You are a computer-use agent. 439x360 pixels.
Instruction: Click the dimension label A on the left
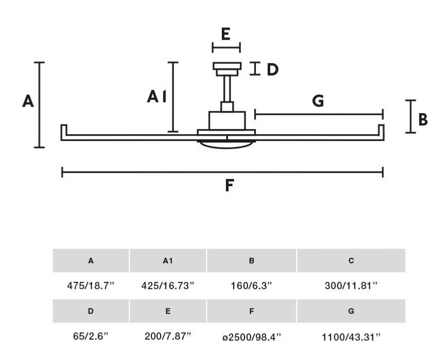coord(28,101)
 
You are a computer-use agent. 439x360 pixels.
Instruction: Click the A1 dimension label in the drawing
coord(156,96)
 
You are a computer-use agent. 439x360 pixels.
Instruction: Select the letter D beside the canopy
coord(272,69)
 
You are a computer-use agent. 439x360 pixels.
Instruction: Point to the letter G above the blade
coord(319,101)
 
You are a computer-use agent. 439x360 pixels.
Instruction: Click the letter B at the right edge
coord(423,120)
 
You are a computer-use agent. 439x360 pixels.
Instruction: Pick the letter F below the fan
coord(230,185)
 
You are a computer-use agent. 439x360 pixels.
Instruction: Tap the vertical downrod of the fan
coord(226,88)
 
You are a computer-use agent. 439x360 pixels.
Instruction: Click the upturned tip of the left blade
coord(64,131)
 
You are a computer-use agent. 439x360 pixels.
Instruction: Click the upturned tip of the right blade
coord(381,131)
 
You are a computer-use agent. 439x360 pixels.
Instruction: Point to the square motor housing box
coord(226,120)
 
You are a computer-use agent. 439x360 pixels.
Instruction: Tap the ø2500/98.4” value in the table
coord(251,337)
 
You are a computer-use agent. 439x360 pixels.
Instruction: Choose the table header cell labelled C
coord(351,261)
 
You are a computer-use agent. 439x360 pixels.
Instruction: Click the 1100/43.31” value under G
coord(351,337)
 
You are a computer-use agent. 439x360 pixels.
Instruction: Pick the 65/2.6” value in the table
coord(91,336)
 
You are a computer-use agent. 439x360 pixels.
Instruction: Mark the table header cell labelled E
coord(168,312)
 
